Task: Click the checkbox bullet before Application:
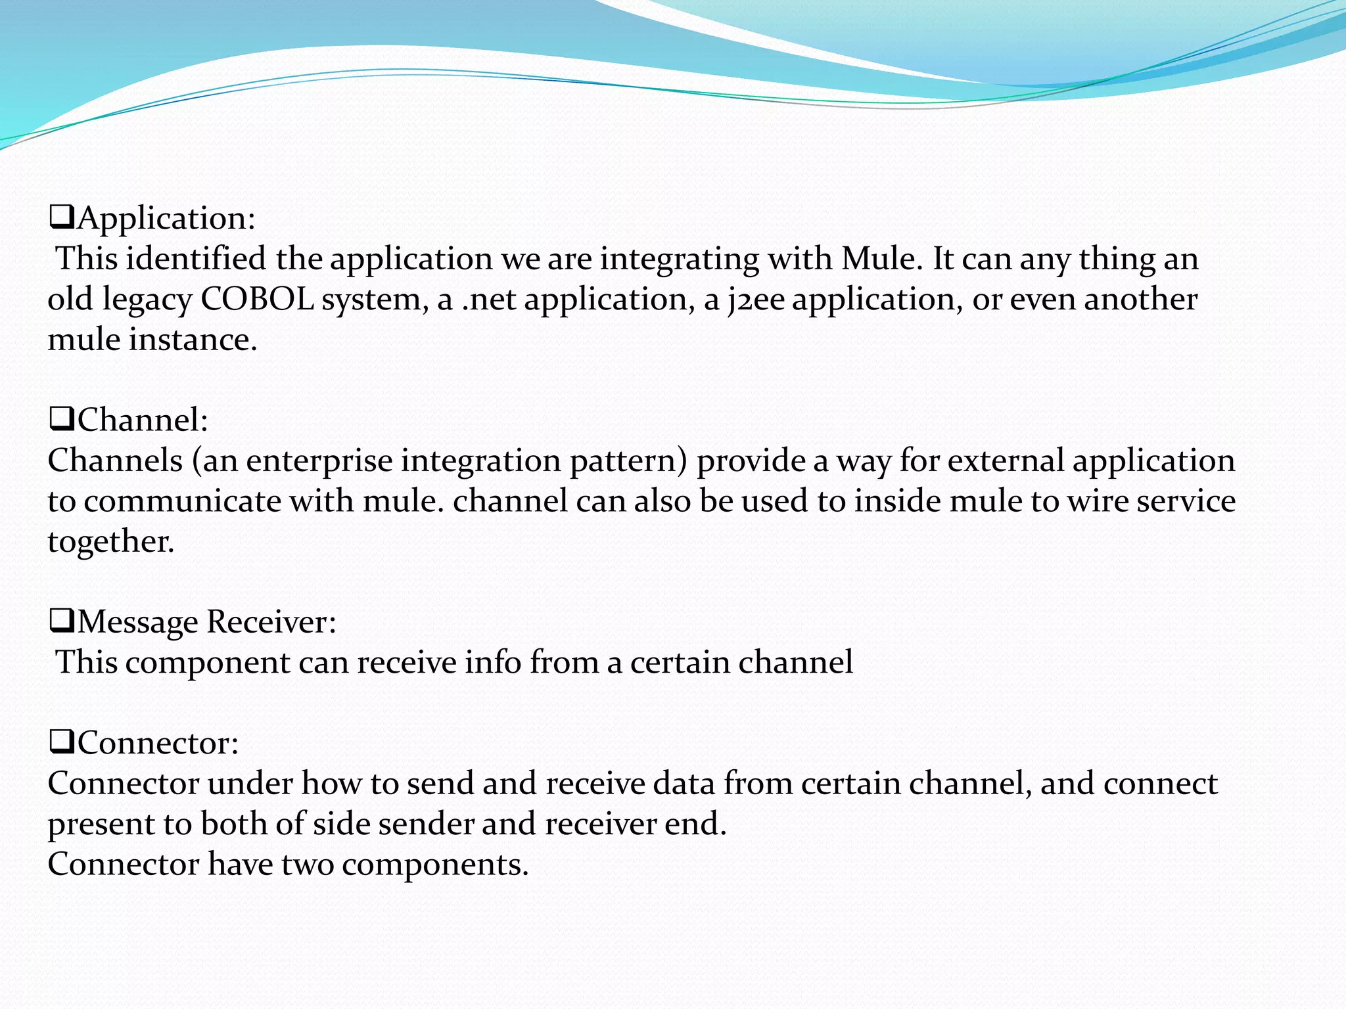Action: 62,217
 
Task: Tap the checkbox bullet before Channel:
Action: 62,419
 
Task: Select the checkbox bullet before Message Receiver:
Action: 62,621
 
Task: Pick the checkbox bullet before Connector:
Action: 62,742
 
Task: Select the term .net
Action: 489,300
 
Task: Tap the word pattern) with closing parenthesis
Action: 628,461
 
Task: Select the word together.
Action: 111,543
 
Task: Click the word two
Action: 308,864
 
